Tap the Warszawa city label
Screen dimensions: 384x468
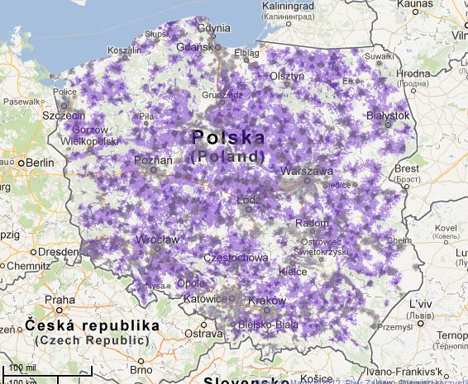(307, 171)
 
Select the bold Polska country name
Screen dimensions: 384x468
(228, 137)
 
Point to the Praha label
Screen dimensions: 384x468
(60, 300)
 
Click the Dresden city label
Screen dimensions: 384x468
(58, 251)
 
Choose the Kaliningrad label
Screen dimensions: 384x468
(289, 6)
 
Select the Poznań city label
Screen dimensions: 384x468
(155, 159)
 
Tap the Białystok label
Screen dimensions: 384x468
(388, 116)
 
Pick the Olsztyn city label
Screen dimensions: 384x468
(289, 75)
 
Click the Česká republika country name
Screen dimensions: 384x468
(90, 325)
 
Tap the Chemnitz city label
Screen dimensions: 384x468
(28, 266)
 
